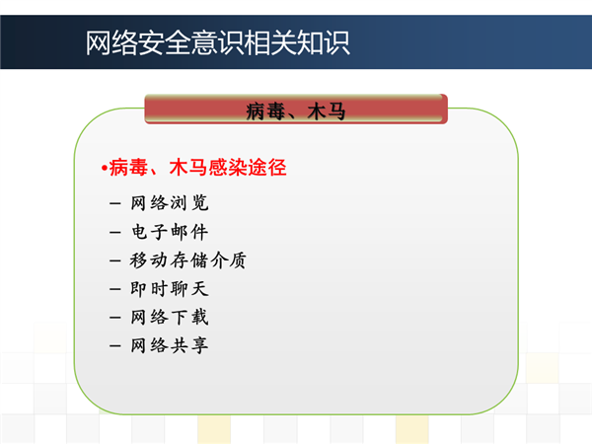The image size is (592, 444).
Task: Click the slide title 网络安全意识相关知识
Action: point(217,42)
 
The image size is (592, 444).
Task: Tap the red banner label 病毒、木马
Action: point(296,111)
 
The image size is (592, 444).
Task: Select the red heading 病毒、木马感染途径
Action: point(197,168)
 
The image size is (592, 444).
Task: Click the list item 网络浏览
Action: point(170,202)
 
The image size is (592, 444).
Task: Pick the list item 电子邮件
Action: point(170,232)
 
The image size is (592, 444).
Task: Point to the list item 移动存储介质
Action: point(188,260)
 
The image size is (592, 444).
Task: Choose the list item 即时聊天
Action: point(170,289)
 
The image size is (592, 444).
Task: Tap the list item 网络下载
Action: point(170,317)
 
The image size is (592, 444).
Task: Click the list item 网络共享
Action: point(170,345)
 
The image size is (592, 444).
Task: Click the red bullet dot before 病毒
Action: point(105,168)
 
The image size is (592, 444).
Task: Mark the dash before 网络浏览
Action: point(115,204)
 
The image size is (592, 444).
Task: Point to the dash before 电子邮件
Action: point(115,232)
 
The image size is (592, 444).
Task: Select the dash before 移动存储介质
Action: point(115,260)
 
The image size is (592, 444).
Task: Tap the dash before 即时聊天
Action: point(115,289)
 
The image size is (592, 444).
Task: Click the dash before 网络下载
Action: point(115,318)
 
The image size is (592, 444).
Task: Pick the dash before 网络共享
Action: point(115,346)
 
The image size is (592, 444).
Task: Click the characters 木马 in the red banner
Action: point(327,111)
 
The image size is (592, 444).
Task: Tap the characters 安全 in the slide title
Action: point(165,42)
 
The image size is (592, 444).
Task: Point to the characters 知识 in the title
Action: point(324,42)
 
